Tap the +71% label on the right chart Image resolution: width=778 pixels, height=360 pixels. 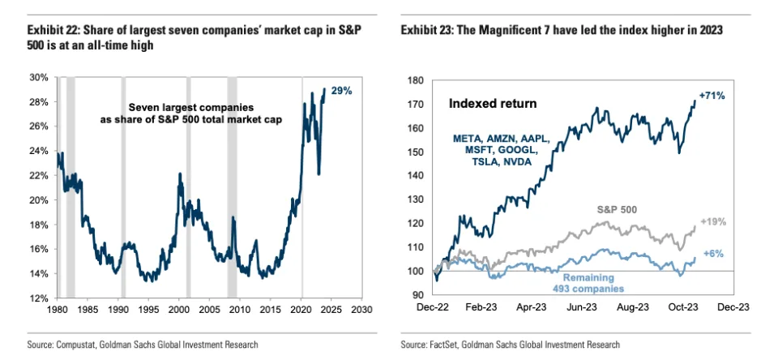[712, 96]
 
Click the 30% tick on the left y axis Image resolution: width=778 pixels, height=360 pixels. [38, 78]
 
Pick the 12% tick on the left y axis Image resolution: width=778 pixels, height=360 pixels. [38, 298]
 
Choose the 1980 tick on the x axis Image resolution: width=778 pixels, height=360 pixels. [58, 310]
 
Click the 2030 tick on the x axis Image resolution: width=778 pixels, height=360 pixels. [361, 310]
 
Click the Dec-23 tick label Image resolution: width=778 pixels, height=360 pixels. [733, 307]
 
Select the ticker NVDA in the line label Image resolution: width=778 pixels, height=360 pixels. [528, 161]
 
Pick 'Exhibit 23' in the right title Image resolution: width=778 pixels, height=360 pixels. [428, 30]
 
